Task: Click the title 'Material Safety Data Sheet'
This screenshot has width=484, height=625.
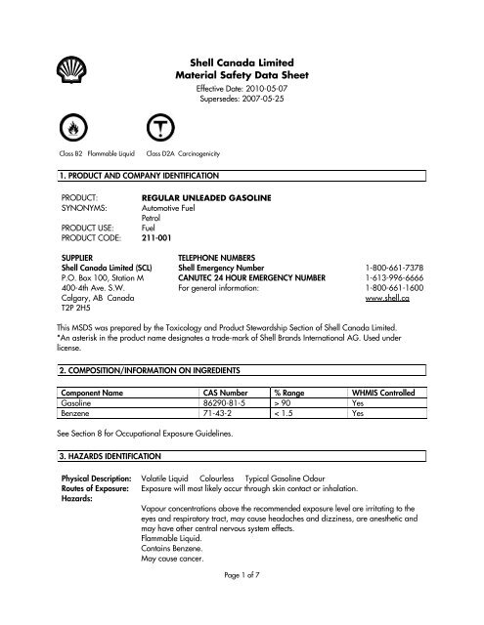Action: point(241,74)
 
